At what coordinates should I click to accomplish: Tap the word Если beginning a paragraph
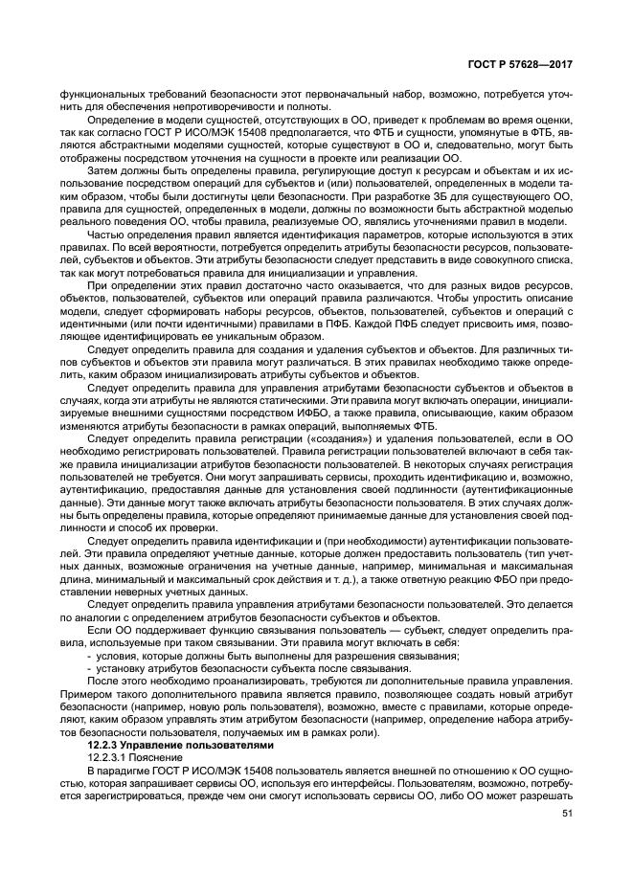[101, 630]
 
